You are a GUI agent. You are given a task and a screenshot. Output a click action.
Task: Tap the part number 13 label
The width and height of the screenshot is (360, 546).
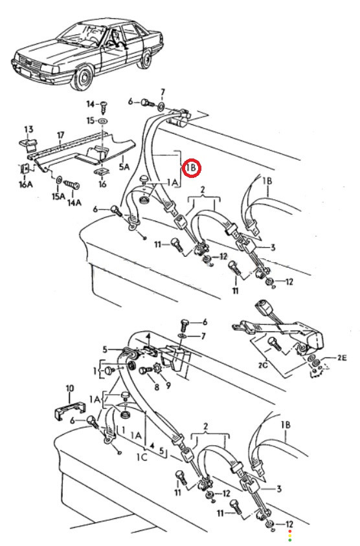(28, 129)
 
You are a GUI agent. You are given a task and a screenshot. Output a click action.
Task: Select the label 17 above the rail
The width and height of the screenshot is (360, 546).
(61, 135)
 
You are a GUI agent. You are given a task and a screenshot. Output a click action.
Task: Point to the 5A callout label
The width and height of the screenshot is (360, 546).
(124, 167)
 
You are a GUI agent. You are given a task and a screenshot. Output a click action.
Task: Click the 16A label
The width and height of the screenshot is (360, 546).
(25, 184)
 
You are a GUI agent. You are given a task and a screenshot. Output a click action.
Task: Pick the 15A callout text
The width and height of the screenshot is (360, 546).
(58, 197)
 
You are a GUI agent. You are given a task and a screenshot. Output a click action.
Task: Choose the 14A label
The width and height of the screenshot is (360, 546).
(74, 202)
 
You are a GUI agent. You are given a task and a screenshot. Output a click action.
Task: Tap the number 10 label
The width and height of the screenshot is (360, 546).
(70, 388)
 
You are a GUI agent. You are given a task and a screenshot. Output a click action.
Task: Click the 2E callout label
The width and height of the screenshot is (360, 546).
(341, 358)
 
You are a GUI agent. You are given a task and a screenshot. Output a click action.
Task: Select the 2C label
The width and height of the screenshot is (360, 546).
(263, 365)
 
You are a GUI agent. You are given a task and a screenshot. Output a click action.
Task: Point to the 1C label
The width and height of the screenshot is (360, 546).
(142, 457)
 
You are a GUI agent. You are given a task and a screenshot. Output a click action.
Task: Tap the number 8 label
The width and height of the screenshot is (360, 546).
(157, 386)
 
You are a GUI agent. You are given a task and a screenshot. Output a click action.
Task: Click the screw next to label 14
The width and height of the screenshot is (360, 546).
(103, 107)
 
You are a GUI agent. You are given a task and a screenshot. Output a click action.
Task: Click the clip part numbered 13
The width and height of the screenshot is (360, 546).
(28, 143)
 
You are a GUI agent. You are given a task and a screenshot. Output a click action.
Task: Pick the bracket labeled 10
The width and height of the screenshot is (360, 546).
(70, 408)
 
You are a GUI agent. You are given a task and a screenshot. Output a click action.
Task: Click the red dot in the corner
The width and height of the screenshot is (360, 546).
(289, 531)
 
